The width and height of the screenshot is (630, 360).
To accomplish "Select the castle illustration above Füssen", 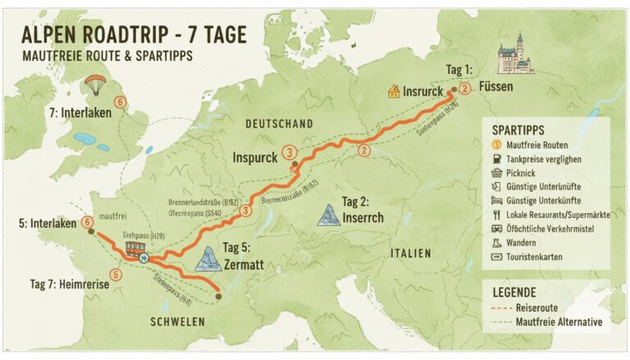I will [x=515, y=54].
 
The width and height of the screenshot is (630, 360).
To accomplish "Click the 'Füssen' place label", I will [x=499, y=87].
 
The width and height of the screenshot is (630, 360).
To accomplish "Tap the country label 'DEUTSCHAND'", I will [x=280, y=123].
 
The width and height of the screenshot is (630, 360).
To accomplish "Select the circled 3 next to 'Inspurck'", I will [x=289, y=152].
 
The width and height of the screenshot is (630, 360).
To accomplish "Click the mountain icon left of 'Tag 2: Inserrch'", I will [x=330, y=215].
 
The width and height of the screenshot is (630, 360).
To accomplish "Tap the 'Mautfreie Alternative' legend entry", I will [x=558, y=321].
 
